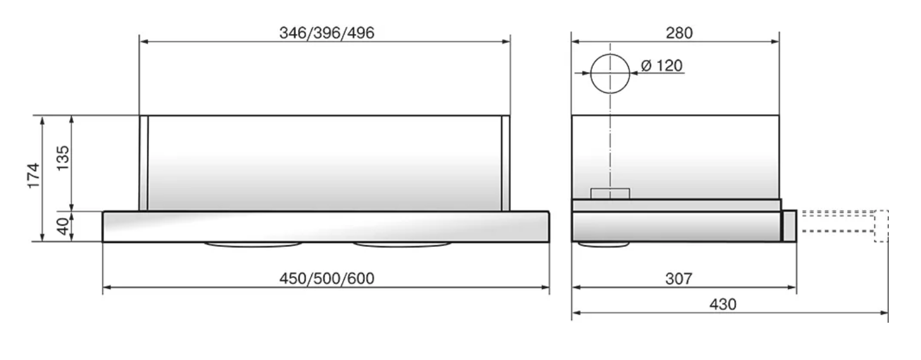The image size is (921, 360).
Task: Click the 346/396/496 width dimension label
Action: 327,33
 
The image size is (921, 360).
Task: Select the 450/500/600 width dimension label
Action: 327,279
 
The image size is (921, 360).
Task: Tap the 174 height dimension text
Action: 33,176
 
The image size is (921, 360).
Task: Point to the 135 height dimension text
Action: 62,158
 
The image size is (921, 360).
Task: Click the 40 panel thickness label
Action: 62,226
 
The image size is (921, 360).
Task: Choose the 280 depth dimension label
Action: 679,33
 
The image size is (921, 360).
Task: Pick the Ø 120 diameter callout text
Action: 662,66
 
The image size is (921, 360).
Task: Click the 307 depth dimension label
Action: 679,279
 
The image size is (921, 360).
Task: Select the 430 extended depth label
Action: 723,304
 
